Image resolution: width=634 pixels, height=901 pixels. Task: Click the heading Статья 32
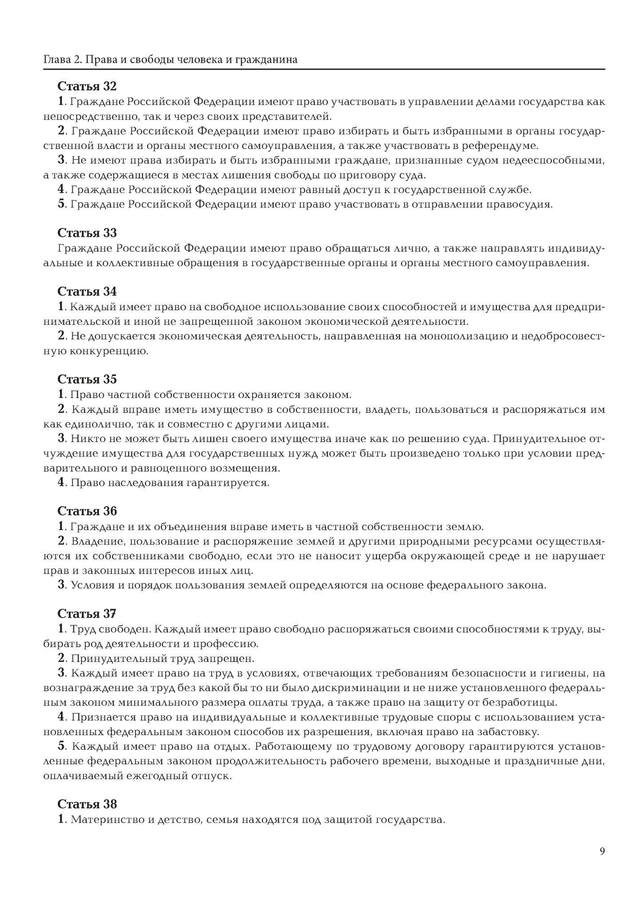point(87,86)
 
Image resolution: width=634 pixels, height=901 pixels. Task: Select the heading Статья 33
point(87,233)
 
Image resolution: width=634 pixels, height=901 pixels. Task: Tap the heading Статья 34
point(87,291)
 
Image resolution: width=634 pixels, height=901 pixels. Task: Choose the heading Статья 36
point(87,511)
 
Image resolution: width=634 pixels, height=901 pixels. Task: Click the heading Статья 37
point(87,614)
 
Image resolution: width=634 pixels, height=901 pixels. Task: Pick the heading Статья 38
point(87,804)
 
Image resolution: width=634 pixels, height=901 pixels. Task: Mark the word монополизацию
point(465,336)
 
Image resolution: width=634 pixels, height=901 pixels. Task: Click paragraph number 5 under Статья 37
point(62,746)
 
